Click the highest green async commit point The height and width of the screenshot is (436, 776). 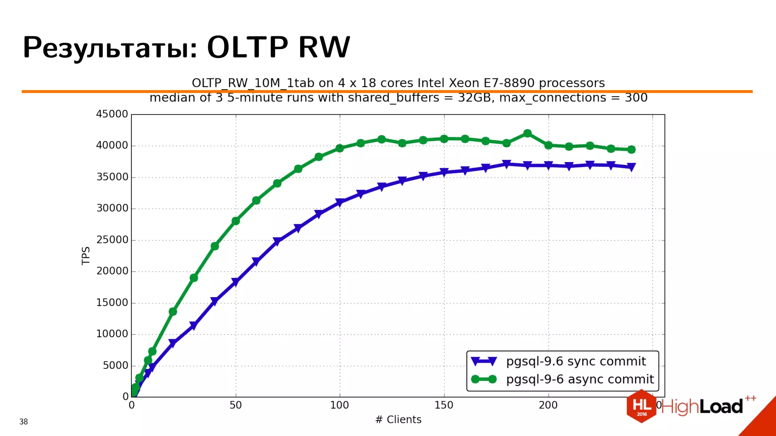(527, 133)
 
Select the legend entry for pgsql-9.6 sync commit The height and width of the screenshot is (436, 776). (576, 361)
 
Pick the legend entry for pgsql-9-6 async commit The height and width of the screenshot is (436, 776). (580, 379)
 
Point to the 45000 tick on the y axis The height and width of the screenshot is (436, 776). (112, 114)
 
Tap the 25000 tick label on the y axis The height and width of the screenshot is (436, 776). (112, 240)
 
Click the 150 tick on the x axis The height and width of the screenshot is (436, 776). (444, 405)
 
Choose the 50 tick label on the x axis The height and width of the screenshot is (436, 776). (235, 405)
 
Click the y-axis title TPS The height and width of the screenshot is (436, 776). (86, 255)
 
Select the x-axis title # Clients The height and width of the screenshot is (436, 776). (398, 419)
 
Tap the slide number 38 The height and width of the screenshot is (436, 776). (23, 422)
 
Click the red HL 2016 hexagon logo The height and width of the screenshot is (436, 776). (641, 406)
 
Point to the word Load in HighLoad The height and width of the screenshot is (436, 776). (721, 407)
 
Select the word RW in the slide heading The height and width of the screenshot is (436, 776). (324, 47)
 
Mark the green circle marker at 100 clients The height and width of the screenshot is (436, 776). (339, 148)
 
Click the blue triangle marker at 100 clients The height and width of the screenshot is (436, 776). (339, 202)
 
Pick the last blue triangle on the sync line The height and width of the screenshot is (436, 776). (631, 167)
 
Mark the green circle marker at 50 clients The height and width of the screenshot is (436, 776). (235, 221)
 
